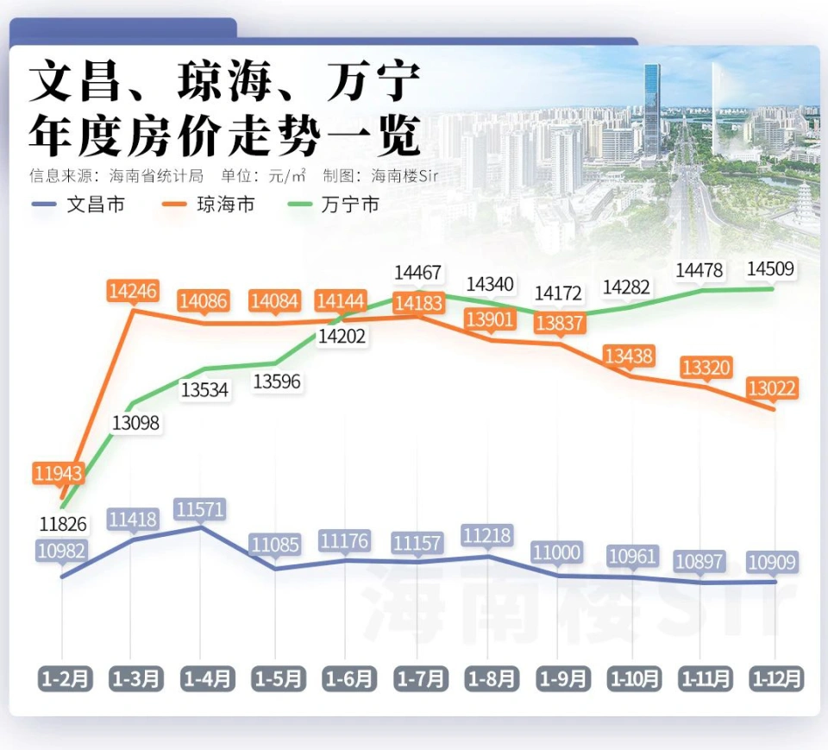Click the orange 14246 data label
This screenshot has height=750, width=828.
pos(133,290)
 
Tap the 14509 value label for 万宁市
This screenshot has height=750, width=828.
pos(771,269)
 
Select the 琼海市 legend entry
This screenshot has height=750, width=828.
pos(210,205)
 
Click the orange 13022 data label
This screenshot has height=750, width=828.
pos(773,388)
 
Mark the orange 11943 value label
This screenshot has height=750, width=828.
pos(60,473)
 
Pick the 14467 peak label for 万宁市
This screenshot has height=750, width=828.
pos(417,273)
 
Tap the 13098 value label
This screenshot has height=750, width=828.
pos(135,423)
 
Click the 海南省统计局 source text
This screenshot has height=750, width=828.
pos(156,176)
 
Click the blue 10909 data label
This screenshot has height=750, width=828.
pos(772,563)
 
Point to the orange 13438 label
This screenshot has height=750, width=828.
pos(629,356)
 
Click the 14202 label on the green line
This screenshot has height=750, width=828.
pos(342,337)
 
